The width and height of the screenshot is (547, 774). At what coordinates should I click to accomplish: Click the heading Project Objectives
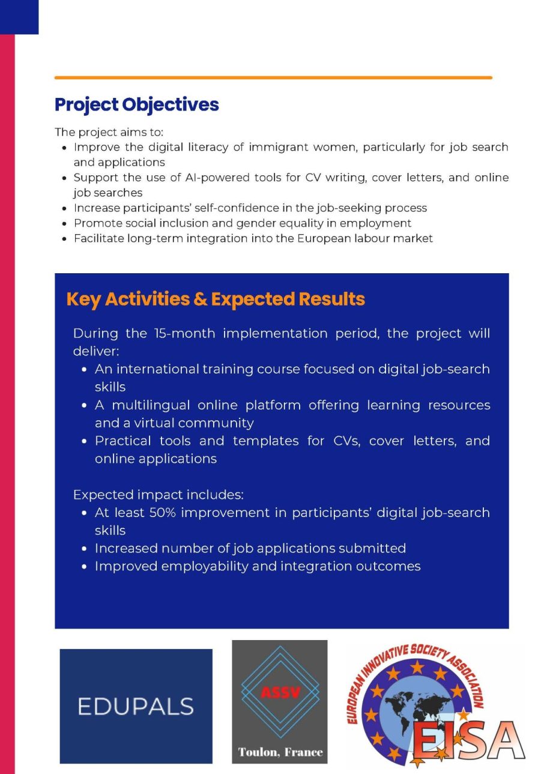click(136, 104)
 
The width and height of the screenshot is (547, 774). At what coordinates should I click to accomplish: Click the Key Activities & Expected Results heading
click(216, 299)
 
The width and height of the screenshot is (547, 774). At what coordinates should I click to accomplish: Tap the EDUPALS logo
click(136, 706)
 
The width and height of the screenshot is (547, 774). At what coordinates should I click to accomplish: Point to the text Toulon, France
click(280, 752)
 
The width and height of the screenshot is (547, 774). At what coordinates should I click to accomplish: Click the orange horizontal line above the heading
click(273, 77)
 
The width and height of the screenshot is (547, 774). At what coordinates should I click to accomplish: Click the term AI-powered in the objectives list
click(176, 178)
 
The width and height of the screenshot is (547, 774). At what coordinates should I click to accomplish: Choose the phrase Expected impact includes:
click(159, 495)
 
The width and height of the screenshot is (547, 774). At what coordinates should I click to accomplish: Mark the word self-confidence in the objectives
click(238, 208)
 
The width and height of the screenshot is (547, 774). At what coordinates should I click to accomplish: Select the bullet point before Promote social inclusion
click(65, 223)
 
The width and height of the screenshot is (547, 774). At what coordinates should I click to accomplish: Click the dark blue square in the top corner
click(19, 17)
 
